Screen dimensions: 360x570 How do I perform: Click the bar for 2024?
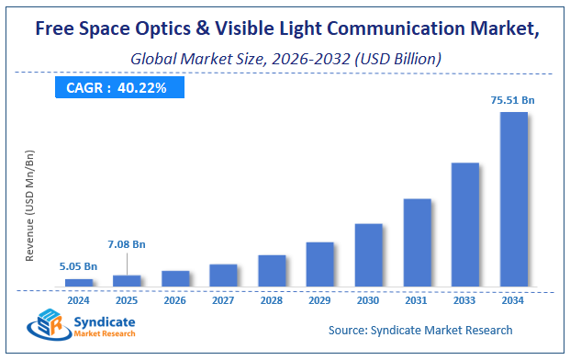coord(79,283)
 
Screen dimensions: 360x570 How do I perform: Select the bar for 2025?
coord(127,281)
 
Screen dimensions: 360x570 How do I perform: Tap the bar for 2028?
coord(272,271)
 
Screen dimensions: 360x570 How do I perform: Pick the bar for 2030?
coord(368,255)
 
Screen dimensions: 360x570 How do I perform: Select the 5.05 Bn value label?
coord(79,265)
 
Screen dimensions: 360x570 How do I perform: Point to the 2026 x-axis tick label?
coord(175,298)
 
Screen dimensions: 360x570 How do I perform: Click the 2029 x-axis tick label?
coord(319,298)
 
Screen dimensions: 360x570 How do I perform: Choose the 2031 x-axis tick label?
coord(417,298)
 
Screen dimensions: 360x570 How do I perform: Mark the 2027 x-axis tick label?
coord(223,298)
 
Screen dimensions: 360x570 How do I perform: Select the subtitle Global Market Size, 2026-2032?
coord(285,58)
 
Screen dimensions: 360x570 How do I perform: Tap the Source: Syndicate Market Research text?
coord(419,330)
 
